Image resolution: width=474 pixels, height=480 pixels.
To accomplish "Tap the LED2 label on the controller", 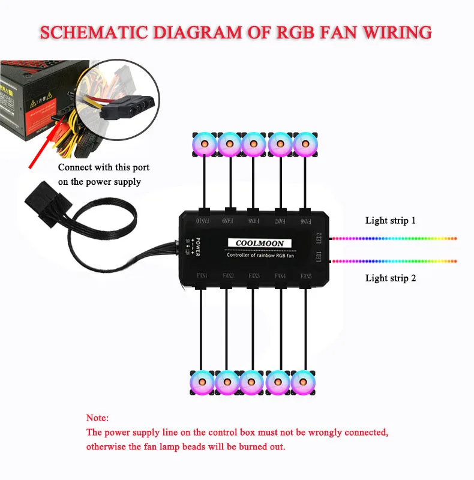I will point(319,238).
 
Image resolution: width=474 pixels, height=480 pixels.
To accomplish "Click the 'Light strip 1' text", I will point(391,221).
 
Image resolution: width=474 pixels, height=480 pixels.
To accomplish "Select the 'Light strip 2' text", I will point(391,278).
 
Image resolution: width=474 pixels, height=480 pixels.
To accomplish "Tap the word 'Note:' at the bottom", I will point(98,418).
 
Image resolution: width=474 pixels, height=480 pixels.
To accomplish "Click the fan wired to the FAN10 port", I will point(205,143).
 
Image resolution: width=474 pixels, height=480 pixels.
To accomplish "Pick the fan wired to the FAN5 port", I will point(303,382).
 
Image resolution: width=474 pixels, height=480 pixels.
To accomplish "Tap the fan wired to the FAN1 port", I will point(201,382).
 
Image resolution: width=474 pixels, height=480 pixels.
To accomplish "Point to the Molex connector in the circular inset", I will point(125,109).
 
